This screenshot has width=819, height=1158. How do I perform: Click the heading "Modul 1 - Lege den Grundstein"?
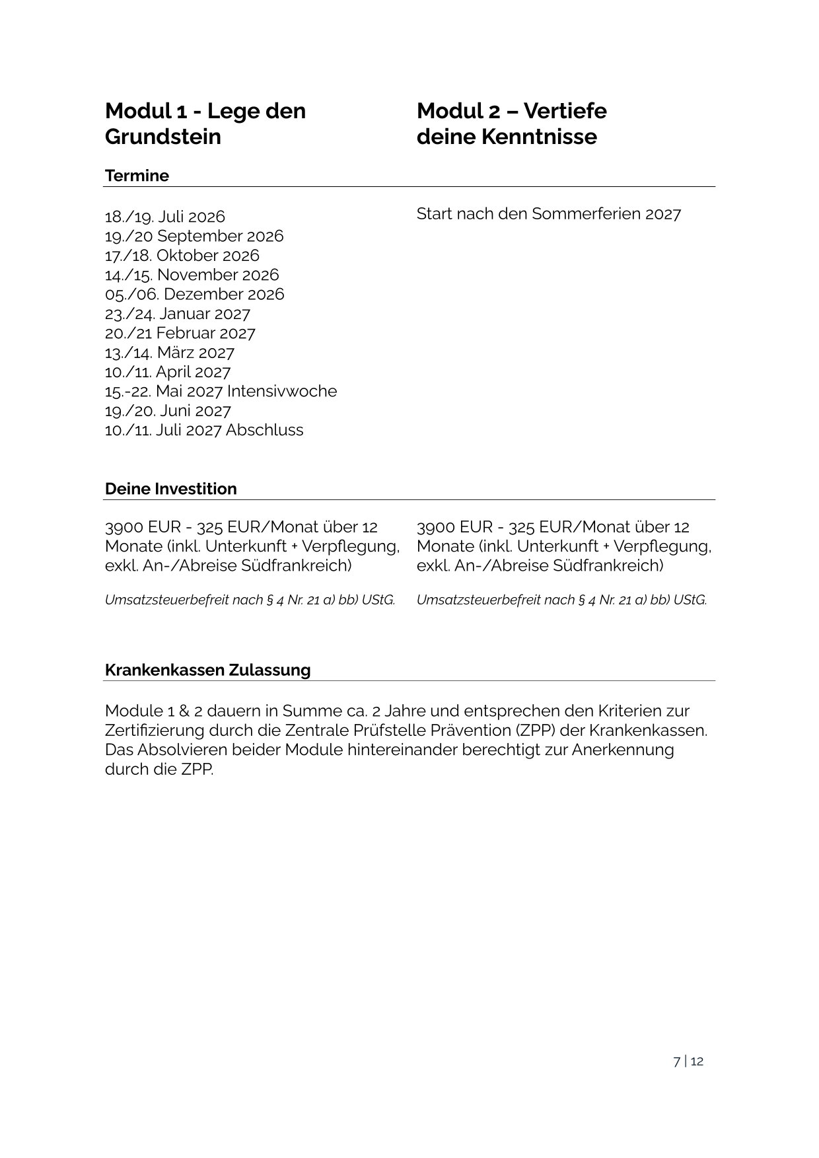[x=205, y=124]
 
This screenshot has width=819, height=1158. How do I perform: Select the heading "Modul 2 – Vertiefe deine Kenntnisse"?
[x=511, y=124]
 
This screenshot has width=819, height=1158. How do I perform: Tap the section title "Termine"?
[x=137, y=176]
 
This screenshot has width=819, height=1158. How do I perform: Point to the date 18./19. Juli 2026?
[x=164, y=217]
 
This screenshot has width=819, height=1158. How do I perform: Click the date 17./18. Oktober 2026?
[x=182, y=256]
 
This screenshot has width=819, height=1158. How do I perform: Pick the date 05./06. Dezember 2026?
[x=194, y=294]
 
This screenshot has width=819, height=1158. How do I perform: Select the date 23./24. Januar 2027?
[x=177, y=314]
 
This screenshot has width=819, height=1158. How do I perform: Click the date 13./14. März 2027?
[x=169, y=353]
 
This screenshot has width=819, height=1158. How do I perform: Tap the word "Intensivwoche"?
[x=282, y=391]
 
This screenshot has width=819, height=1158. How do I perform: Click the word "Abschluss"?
[x=264, y=430]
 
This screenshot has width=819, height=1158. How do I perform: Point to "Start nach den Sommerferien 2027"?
[x=548, y=214]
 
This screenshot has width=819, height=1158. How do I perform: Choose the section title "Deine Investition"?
[x=170, y=489]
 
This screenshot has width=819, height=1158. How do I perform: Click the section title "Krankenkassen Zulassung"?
[x=207, y=670]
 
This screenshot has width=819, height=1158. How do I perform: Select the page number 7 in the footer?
[x=676, y=1062]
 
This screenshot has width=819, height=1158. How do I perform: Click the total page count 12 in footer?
[x=697, y=1062]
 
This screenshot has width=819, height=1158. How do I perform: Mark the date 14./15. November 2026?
[x=192, y=275]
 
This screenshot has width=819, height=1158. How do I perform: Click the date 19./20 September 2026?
[x=194, y=236]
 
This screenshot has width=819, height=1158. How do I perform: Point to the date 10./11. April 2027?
[x=167, y=372]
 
